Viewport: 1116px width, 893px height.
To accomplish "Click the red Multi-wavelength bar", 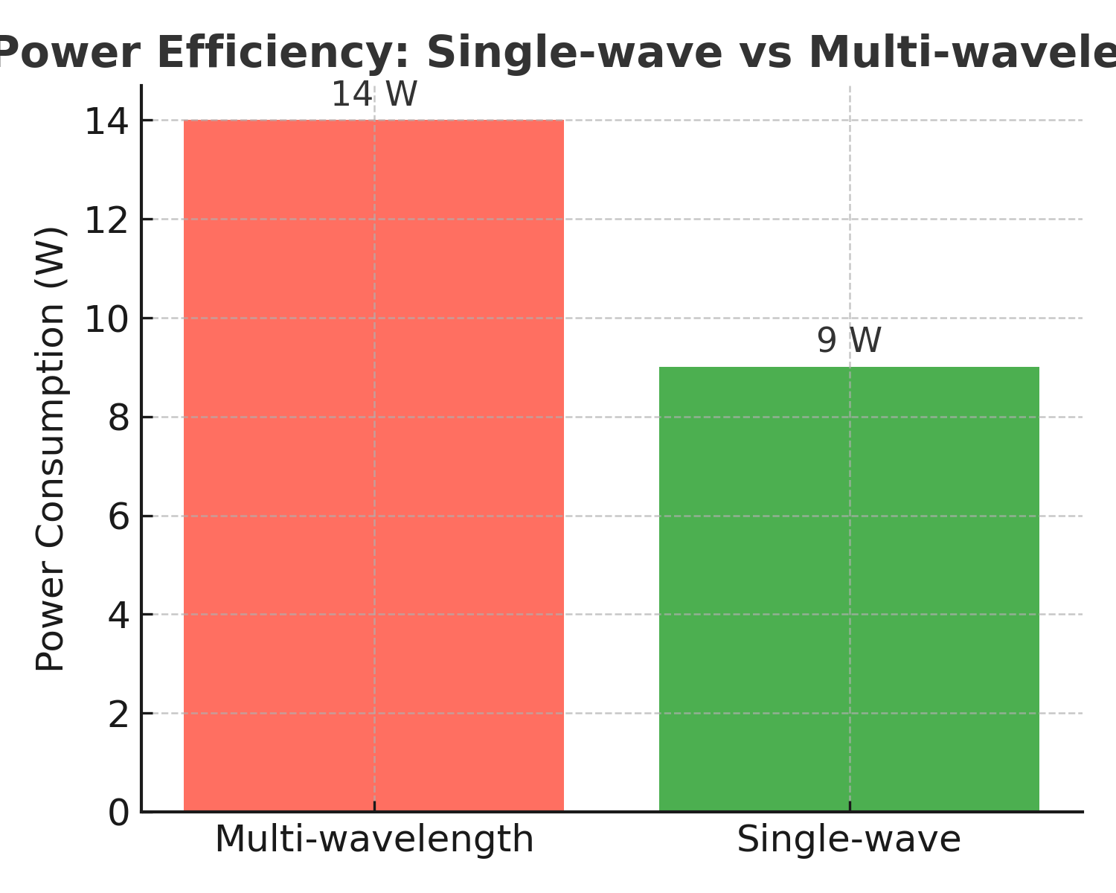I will click(373, 465).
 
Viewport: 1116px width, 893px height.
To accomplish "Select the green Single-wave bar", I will click(849, 589).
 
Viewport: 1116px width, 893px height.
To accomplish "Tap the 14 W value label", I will click(374, 95).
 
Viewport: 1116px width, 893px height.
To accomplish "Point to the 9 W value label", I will click(849, 341).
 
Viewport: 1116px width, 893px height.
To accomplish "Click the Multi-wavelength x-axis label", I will click(374, 839).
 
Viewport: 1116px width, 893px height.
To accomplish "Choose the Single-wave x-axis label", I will click(849, 839).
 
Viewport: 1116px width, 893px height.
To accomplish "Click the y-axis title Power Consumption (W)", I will click(51, 449).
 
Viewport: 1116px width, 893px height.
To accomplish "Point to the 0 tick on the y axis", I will click(119, 813).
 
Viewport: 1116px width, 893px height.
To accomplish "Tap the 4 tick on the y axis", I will click(119, 615).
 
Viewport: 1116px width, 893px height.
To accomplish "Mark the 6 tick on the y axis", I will click(119, 516).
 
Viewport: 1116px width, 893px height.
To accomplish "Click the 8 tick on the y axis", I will click(119, 417).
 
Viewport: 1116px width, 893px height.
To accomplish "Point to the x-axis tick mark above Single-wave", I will click(850, 807).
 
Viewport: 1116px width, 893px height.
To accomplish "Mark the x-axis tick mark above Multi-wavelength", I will click(374, 807).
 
